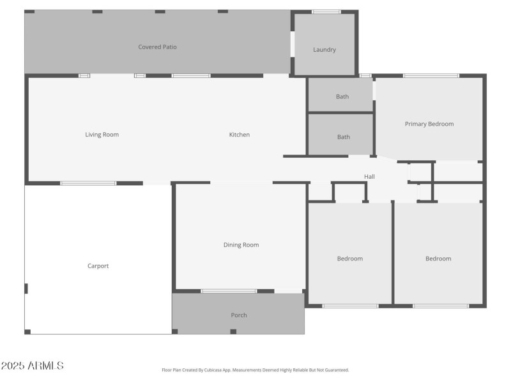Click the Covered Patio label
click(157, 47)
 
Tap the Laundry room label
click(324, 50)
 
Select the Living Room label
click(102, 135)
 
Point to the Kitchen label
click(240, 135)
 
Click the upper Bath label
click(342, 97)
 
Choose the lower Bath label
click(344, 137)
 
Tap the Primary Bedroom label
click(429, 124)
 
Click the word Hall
click(369, 177)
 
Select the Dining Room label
click(241, 244)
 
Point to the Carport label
click(98, 266)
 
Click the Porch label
click(239, 315)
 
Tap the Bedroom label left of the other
click(350, 259)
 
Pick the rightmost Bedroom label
click(438, 259)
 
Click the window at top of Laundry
click(326, 11)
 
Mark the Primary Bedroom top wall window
click(431, 76)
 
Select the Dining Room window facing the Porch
click(229, 291)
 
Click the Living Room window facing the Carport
click(88, 183)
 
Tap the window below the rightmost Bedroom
click(441, 306)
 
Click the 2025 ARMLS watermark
click(32, 366)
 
